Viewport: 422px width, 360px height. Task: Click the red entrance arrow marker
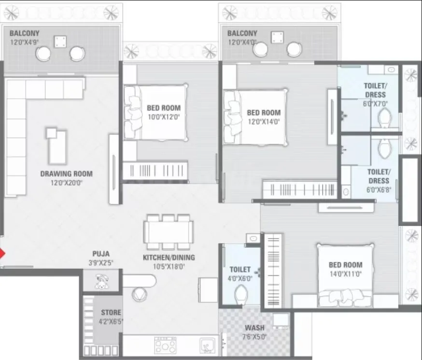pyautogui.click(x=2, y=254)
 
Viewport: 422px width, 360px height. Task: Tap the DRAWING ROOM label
pyautogui.click(x=66, y=173)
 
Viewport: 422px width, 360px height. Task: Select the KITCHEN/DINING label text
pyautogui.click(x=164, y=258)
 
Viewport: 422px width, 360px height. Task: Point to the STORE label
pyautogui.click(x=111, y=312)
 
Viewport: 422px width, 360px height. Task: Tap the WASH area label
pyautogui.click(x=254, y=328)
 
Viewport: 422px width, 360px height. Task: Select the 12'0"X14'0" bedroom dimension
pyautogui.click(x=264, y=121)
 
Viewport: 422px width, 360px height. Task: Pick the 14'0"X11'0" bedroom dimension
pyautogui.click(x=345, y=274)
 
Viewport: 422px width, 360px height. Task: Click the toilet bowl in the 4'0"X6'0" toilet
pyautogui.click(x=240, y=292)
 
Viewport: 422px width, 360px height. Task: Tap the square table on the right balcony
pyautogui.click(x=277, y=38)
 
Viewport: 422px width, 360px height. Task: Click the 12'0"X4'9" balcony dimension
pyautogui.click(x=24, y=42)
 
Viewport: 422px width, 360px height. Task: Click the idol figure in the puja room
pyautogui.click(x=101, y=282)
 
